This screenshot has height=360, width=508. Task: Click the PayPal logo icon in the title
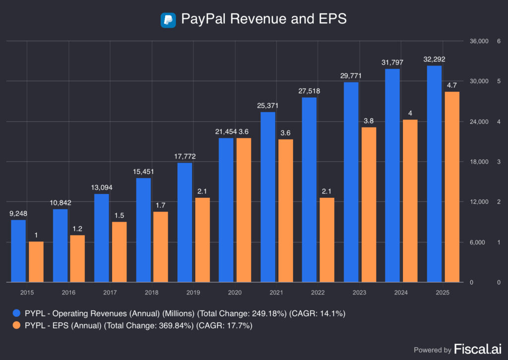(x=168, y=20)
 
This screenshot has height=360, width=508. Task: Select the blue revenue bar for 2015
(x=18, y=251)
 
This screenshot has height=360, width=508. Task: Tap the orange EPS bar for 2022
(x=326, y=240)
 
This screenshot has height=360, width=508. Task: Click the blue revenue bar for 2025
(x=435, y=174)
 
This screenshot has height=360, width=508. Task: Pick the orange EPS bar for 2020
(x=243, y=210)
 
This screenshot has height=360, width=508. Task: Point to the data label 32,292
(x=435, y=59)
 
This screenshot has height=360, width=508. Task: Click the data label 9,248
(x=18, y=214)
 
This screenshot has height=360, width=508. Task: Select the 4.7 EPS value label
(x=452, y=85)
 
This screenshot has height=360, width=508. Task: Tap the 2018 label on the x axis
(x=152, y=293)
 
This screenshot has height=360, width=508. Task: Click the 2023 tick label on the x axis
(x=360, y=293)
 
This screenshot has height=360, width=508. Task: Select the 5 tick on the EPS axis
(x=498, y=81)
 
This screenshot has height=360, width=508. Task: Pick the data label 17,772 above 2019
(x=185, y=156)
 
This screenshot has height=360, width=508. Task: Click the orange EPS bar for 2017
(x=119, y=252)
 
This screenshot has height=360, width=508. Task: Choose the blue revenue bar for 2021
(x=268, y=197)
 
